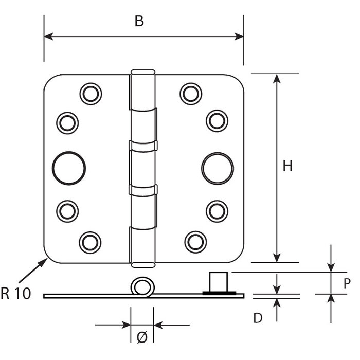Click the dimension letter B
coord(138,21)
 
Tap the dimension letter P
coord(347,282)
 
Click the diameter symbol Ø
coord(142,337)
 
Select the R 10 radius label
coord(15,294)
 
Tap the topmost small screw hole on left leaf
coord(91,93)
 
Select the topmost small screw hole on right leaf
coord(190,93)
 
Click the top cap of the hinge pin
coord(142,71)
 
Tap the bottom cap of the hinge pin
coord(142,264)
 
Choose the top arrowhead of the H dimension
coord(277,79)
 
